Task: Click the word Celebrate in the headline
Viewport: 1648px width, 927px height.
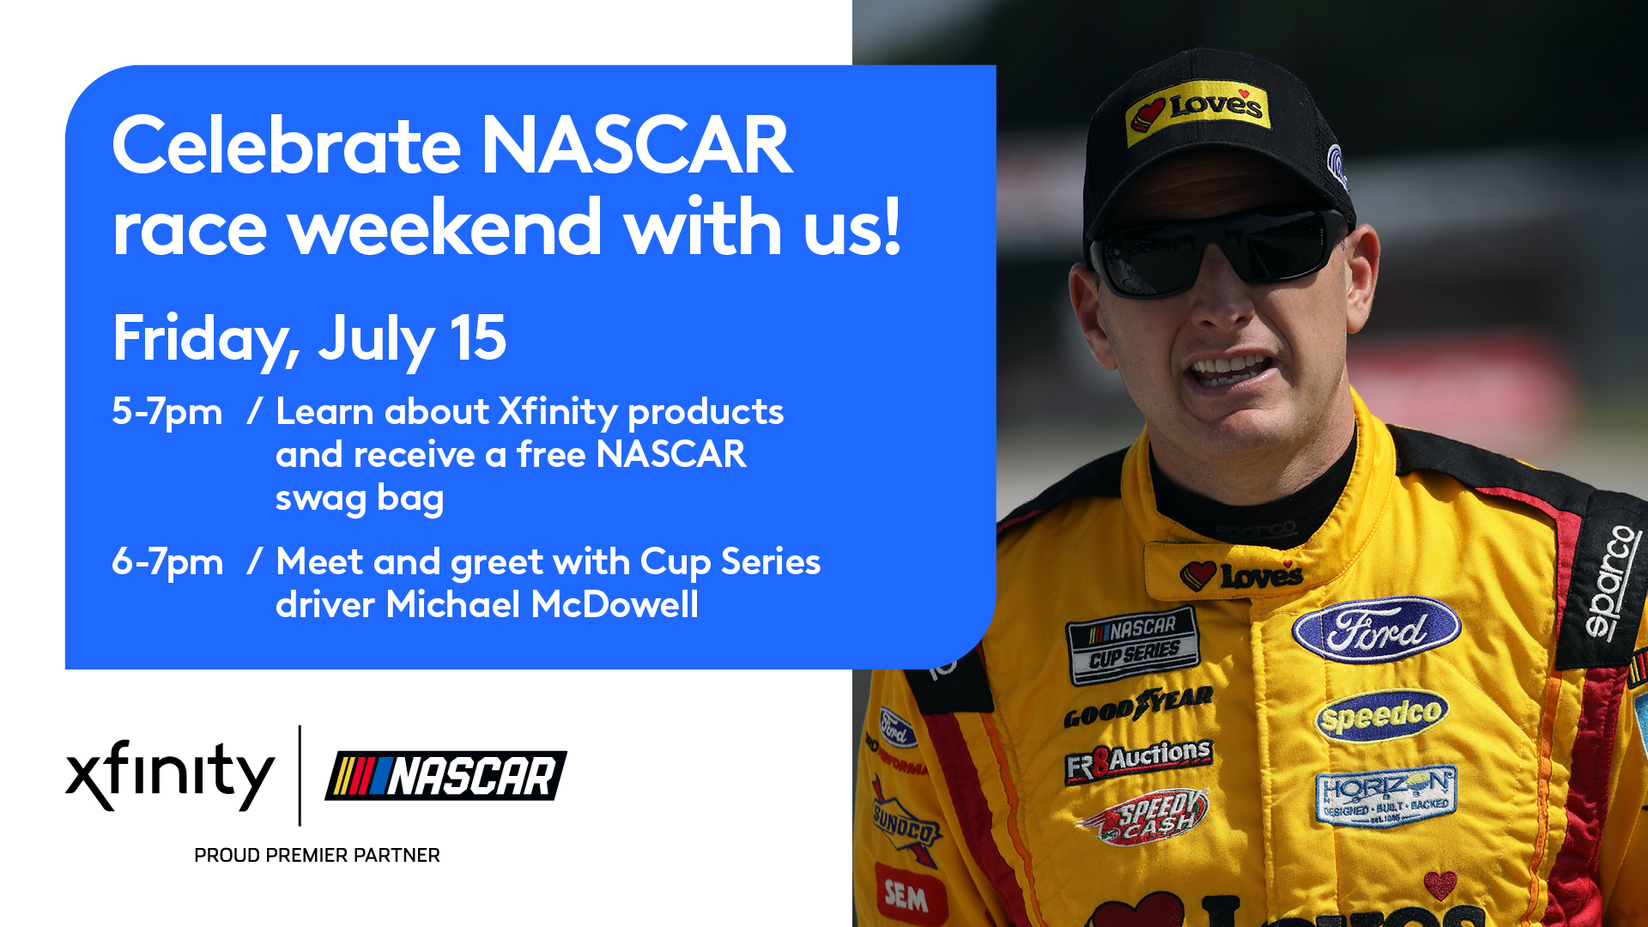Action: (x=287, y=146)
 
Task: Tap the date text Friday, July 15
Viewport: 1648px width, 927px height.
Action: (x=309, y=339)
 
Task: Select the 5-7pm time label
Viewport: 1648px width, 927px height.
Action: (x=167, y=412)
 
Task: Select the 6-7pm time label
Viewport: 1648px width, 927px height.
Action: (x=167, y=562)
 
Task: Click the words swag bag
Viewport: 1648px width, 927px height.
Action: (x=359, y=499)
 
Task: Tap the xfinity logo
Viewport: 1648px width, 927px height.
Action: (x=169, y=774)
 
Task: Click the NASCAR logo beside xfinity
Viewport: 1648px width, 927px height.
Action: (x=445, y=776)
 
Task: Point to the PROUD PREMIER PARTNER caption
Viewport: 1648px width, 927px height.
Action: (x=317, y=855)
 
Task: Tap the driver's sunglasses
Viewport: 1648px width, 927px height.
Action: (x=1219, y=249)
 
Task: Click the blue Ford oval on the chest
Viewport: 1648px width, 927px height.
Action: (x=1376, y=629)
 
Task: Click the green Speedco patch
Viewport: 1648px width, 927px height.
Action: (x=1381, y=715)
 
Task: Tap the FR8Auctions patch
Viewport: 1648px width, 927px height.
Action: (x=1138, y=760)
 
